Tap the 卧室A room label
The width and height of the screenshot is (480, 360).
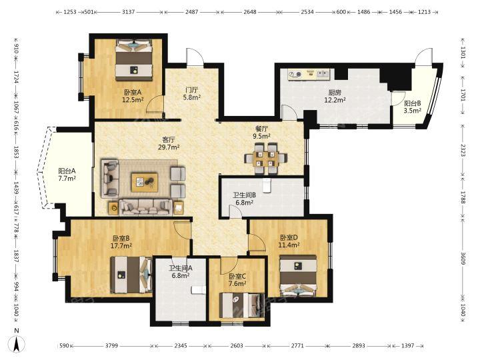pos(133,92)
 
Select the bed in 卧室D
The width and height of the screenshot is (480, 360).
pos(299,276)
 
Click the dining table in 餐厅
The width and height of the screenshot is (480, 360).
pos(265,158)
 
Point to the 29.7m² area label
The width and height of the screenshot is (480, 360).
pos(169,147)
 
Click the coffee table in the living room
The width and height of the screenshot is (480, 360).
pos(145,183)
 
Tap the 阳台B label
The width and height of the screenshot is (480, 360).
pos(413,103)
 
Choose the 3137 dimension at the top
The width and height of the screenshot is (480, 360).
pos(128,12)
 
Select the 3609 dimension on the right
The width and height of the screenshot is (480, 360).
pos(463,259)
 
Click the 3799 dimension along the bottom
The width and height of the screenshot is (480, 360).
pos(112,345)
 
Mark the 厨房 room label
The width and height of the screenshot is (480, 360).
pos(335,92)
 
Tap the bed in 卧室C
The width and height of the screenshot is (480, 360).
pos(242,305)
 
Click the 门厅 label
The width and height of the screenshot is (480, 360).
pos(192,90)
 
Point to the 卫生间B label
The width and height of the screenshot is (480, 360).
pos(244,195)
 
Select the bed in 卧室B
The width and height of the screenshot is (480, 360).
pos(131,275)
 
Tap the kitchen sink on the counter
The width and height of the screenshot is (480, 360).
pos(323,74)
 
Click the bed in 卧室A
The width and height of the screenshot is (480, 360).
pos(134,60)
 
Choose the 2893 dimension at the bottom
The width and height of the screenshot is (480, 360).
pos(359,345)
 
